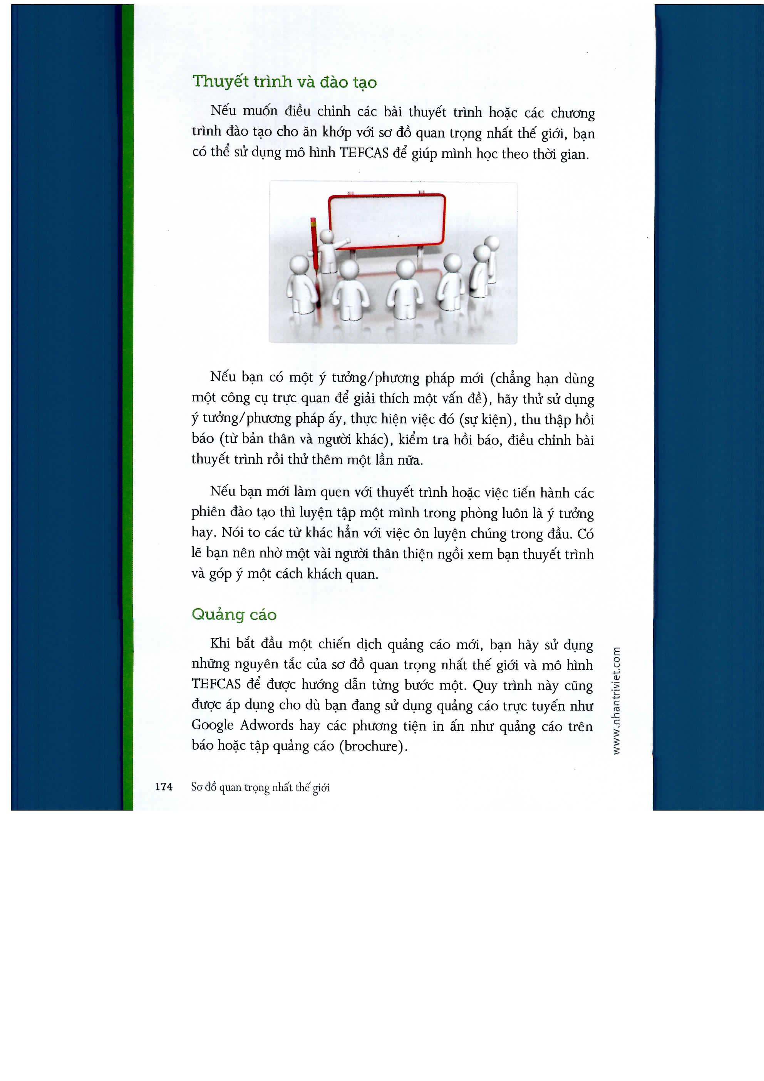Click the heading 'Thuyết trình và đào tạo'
(284, 82)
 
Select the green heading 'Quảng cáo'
(234, 615)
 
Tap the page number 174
(164, 787)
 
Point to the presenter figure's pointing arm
(341, 243)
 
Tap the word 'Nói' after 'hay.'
(232, 533)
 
